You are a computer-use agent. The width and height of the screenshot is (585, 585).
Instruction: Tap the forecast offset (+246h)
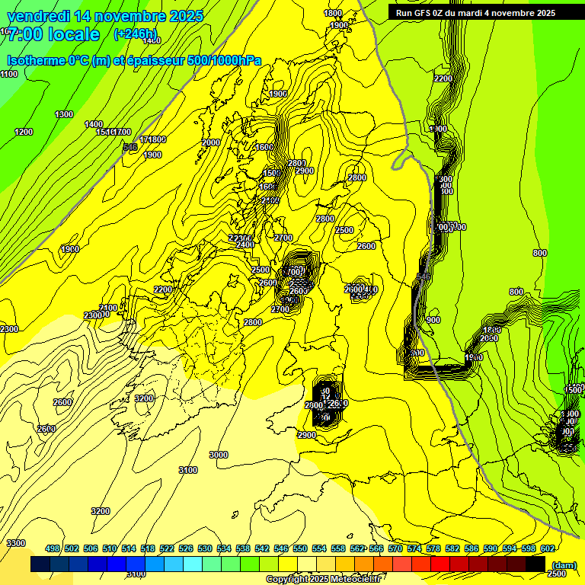[135, 34]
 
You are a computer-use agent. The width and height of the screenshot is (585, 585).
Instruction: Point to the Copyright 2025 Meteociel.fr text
[323, 580]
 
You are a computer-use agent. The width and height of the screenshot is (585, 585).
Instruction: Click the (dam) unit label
[563, 564]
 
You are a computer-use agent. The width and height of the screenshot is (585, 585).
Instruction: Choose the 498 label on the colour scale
[53, 548]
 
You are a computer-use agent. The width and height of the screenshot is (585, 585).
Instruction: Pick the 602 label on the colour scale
[547, 548]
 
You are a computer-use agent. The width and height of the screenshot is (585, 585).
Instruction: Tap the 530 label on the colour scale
[205, 548]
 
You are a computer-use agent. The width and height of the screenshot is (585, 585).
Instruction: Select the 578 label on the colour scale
[433, 548]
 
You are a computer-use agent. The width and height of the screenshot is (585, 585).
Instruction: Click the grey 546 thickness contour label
[130, 147]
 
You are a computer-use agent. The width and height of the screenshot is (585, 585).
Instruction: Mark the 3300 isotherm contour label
[16, 543]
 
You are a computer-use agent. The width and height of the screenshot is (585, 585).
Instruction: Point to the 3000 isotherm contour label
[219, 455]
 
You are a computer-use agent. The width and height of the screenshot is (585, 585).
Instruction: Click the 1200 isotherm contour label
[24, 132]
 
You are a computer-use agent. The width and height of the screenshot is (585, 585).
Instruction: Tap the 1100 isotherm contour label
[9, 74]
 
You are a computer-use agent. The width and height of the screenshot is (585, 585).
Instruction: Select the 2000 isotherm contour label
[211, 142]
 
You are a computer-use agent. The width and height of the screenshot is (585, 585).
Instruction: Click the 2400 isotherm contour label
[245, 245]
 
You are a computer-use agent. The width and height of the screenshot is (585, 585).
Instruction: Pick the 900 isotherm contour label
[433, 321]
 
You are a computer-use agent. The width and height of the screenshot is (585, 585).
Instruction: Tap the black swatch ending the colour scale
[535, 564]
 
